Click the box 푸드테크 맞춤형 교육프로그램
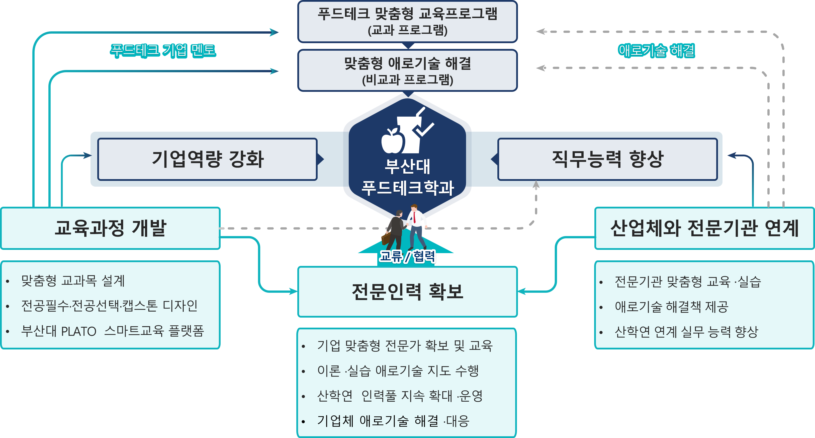coord(408,22)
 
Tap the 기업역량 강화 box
coord(208,159)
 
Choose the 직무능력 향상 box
coord(607,159)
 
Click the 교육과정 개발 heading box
coord(110,228)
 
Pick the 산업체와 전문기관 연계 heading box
coord(704,228)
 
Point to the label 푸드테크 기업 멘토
coord(163,51)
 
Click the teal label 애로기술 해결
coord(656,51)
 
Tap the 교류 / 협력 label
coord(408,256)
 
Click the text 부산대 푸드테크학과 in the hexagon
coord(408,177)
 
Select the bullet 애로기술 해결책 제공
coord(671,307)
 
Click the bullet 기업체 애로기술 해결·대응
coord(393,421)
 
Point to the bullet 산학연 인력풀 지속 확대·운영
coord(400,396)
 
